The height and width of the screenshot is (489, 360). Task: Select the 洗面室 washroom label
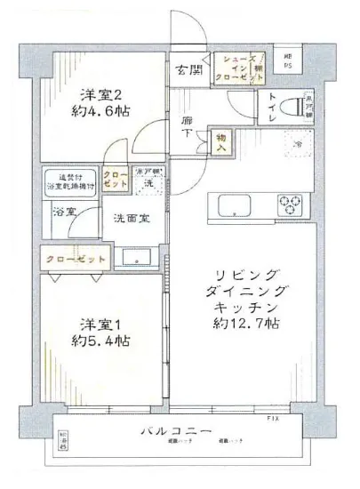131,216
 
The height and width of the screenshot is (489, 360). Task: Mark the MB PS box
289,60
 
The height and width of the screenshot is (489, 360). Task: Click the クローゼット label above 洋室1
75,260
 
